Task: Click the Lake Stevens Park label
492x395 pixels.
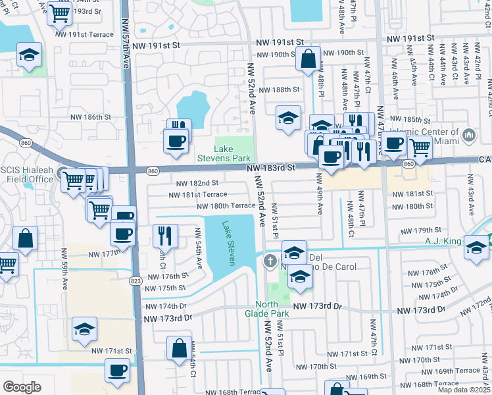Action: pyautogui.click(x=224, y=153)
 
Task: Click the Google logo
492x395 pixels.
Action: pyautogui.click(x=21, y=386)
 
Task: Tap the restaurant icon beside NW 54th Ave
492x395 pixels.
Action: pyautogui.click(x=165, y=236)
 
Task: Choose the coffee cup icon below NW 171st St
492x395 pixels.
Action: pyautogui.click(x=118, y=370)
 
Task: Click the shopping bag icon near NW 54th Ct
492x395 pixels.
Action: pyautogui.click(x=179, y=348)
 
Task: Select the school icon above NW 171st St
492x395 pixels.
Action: pyautogui.click(x=84, y=329)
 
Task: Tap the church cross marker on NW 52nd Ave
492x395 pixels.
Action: pyautogui.click(x=269, y=262)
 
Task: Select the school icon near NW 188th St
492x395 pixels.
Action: pyautogui.click(x=288, y=117)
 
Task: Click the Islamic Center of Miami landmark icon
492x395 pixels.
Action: pyautogui.click(x=469, y=136)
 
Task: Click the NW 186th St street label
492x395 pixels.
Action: pyautogui.click(x=89, y=117)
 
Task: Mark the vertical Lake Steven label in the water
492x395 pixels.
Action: pyautogui.click(x=229, y=243)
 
